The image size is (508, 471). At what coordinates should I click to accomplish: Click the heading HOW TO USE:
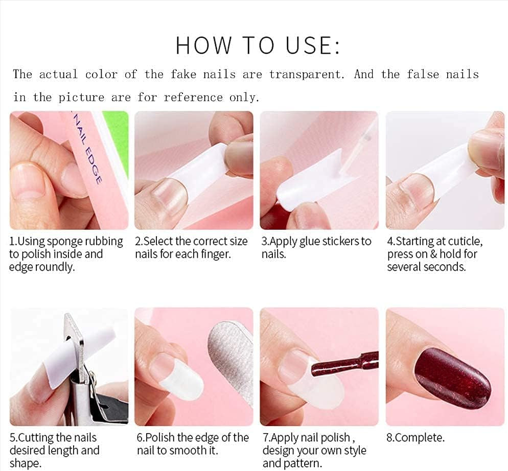point(258,45)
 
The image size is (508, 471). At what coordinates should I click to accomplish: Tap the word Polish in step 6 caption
point(161,438)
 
